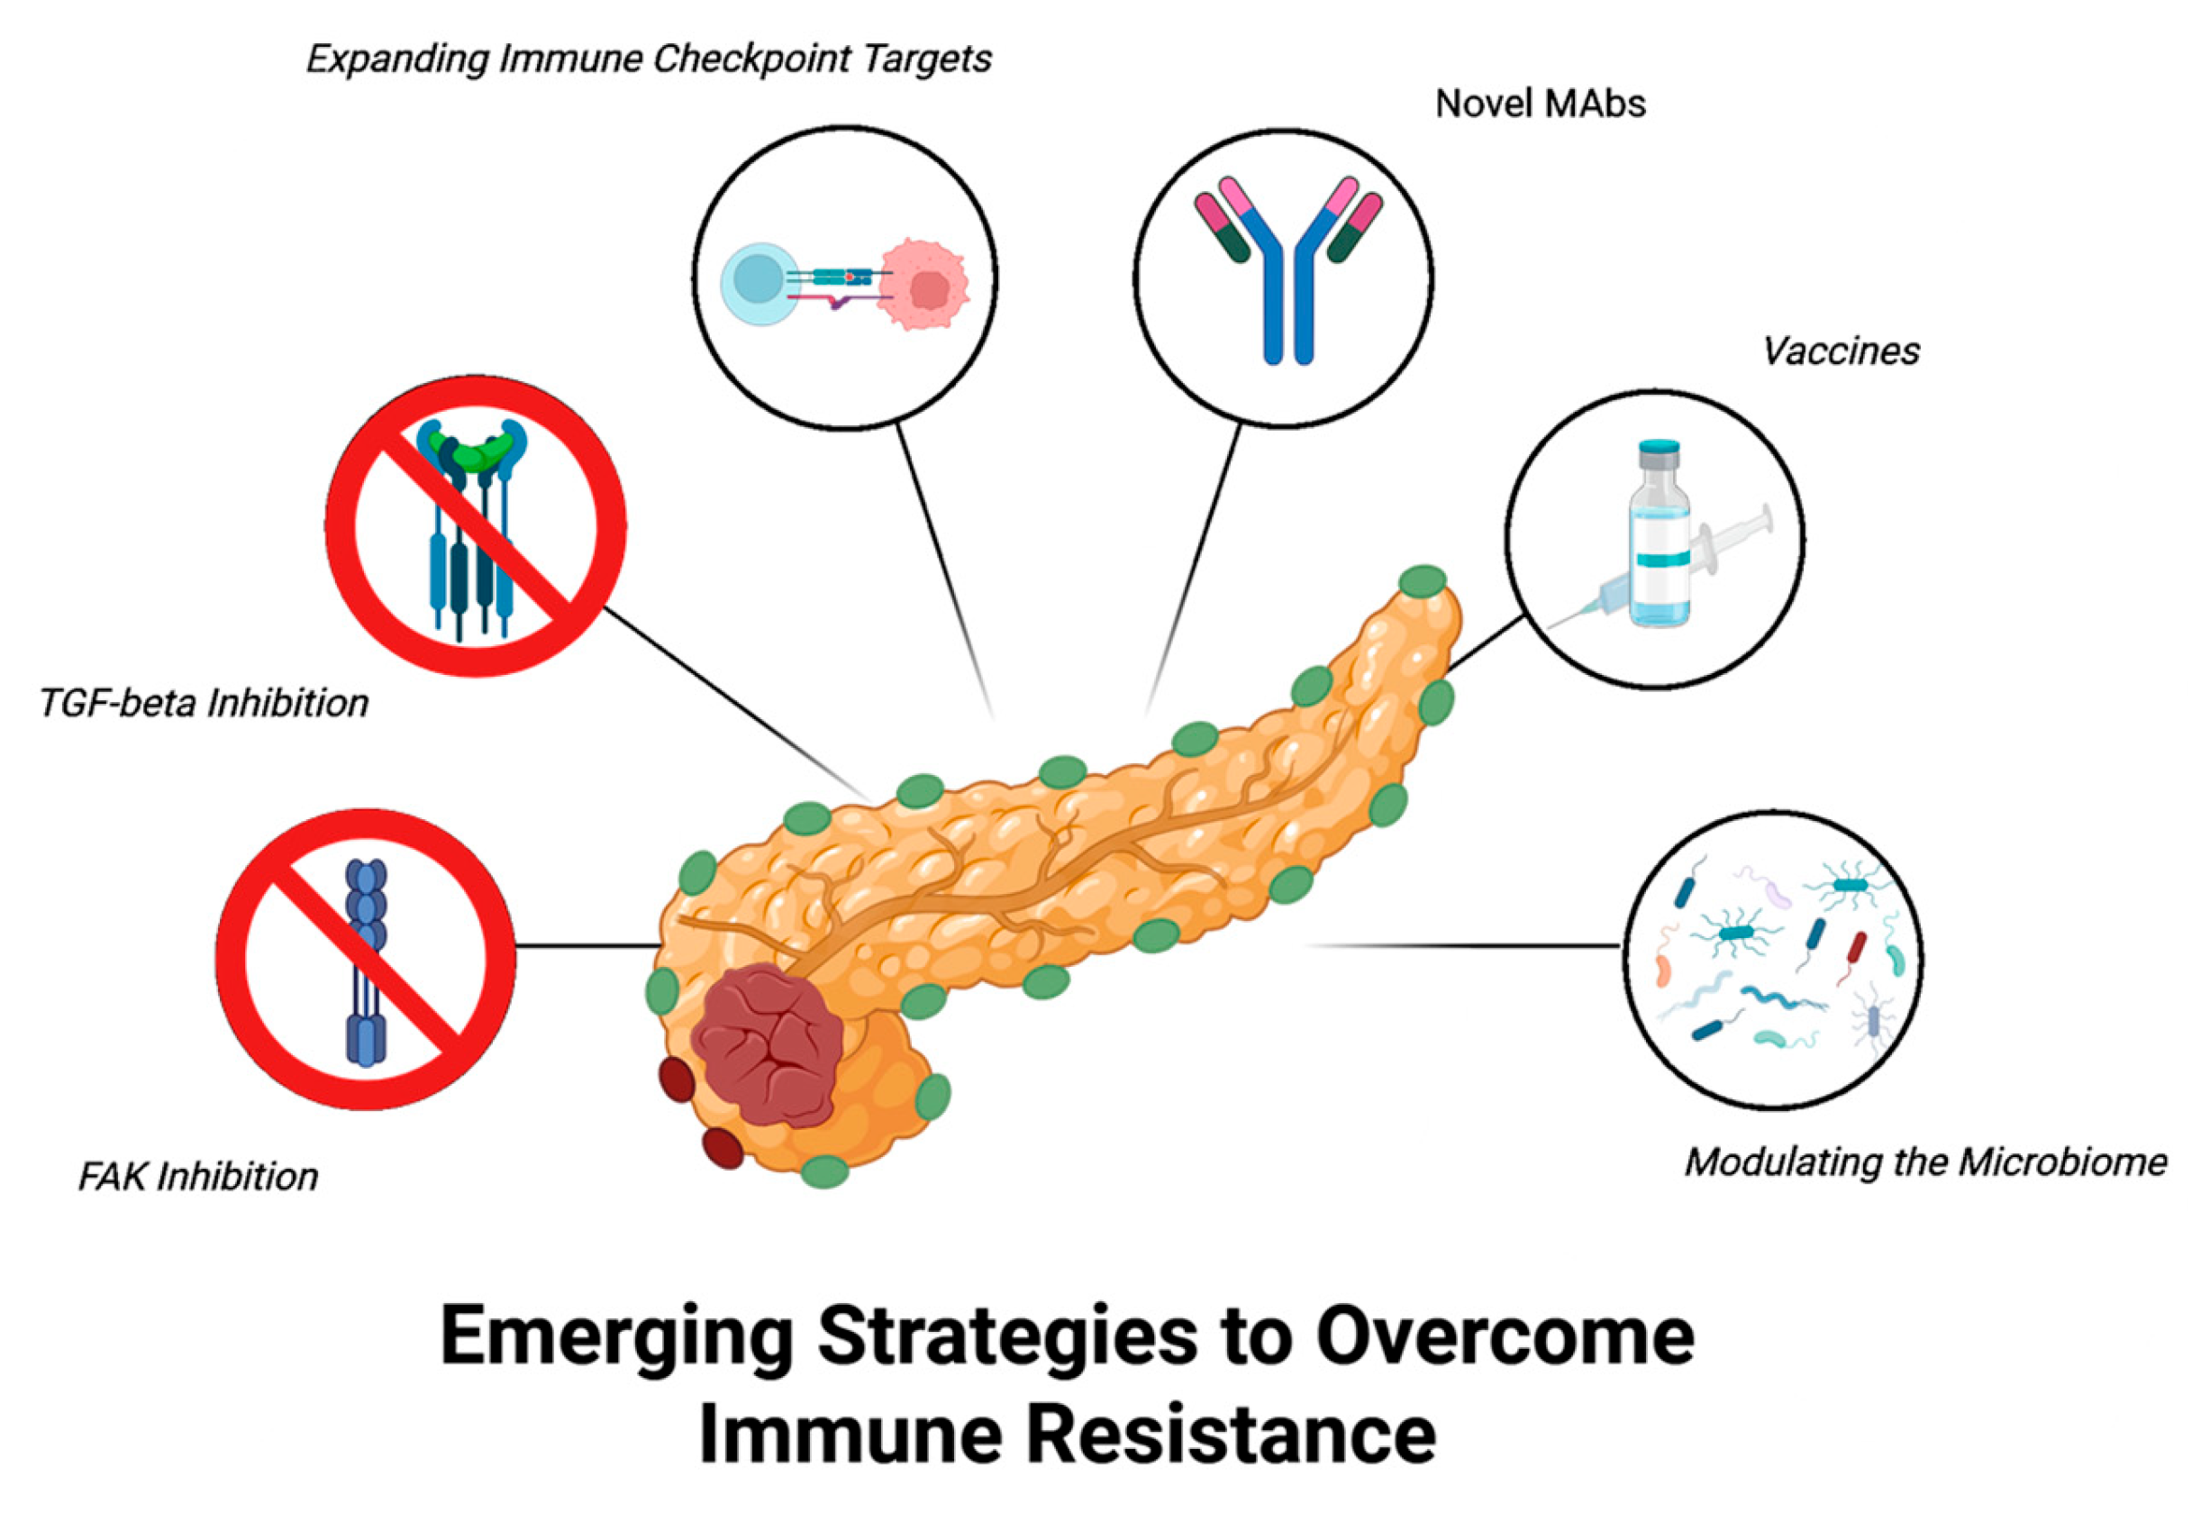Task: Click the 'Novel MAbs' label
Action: [x=1540, y=103]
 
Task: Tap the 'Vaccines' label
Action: [x=1840, y=351]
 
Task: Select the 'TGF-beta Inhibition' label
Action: [x=203, y=703]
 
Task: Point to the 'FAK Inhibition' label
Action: [x=197, y=1177]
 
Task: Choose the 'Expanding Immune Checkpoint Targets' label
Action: [x=649, y=59]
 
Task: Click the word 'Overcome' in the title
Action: [x=1504, y=1336]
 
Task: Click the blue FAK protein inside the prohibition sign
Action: [x=367, y=963]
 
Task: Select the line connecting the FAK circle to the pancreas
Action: [x=587, y=946]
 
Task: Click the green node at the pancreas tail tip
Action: [x=1423, y=580]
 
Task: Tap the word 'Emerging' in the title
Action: [x=616, y=1336]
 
